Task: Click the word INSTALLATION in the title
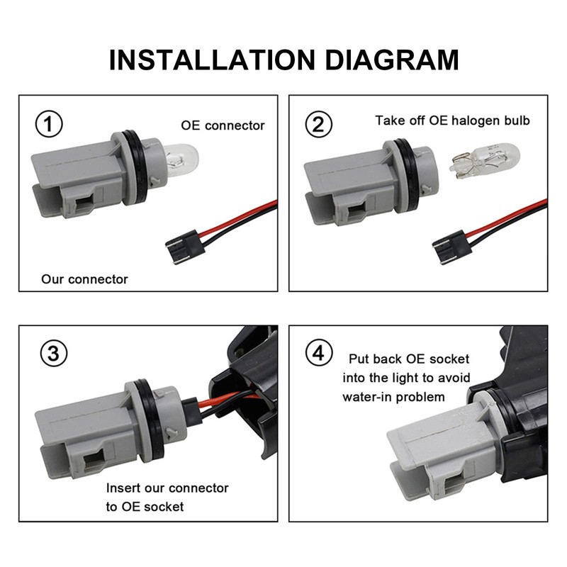212,60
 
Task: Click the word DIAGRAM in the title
392,60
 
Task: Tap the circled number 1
49,124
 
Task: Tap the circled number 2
318,124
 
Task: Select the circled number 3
53,353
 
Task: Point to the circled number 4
318,353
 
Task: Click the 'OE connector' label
223,125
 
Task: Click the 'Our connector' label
84,279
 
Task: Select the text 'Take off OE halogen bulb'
452,120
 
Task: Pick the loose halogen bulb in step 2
484,162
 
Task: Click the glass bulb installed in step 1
181,160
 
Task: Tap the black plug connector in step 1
185,247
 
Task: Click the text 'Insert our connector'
167,488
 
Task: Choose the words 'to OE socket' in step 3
145,507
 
